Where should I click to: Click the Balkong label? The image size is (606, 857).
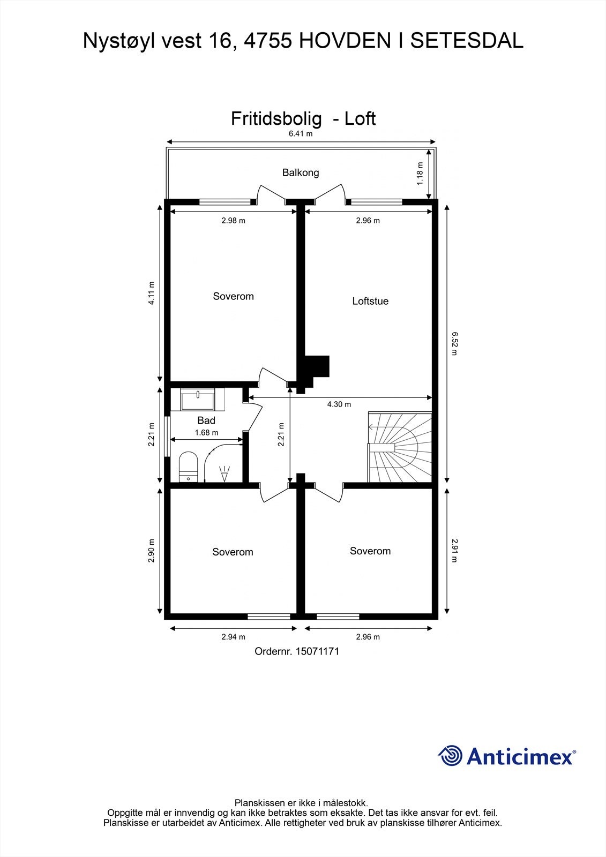(x=301, y=172)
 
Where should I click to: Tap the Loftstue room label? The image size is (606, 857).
(x=370, y=301)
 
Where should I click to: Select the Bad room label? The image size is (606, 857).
(x=206, y=420)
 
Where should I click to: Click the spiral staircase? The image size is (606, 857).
(x=400, y=447)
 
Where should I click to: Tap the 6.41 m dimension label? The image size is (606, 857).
(x=301, y=134)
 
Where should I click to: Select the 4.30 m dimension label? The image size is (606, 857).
(x=339, y=404)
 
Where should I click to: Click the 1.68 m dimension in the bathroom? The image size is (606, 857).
(x=206, y=433)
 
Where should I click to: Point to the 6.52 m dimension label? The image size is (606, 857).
(x=454, y=343)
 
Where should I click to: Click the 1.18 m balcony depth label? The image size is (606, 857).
(x=420, y=174)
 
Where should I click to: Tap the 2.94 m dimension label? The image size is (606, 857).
(x=233, y=637)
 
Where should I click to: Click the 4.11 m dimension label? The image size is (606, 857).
(x=152, y=293)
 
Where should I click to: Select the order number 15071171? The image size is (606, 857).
(x=297, y=651)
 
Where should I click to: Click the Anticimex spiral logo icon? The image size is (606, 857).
(x=450, y=756)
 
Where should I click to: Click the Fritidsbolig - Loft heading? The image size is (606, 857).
(x=303, y=118)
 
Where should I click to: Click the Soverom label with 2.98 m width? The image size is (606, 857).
(x=233, y=296)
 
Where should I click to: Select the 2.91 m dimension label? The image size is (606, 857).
(x=454, y=550)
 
